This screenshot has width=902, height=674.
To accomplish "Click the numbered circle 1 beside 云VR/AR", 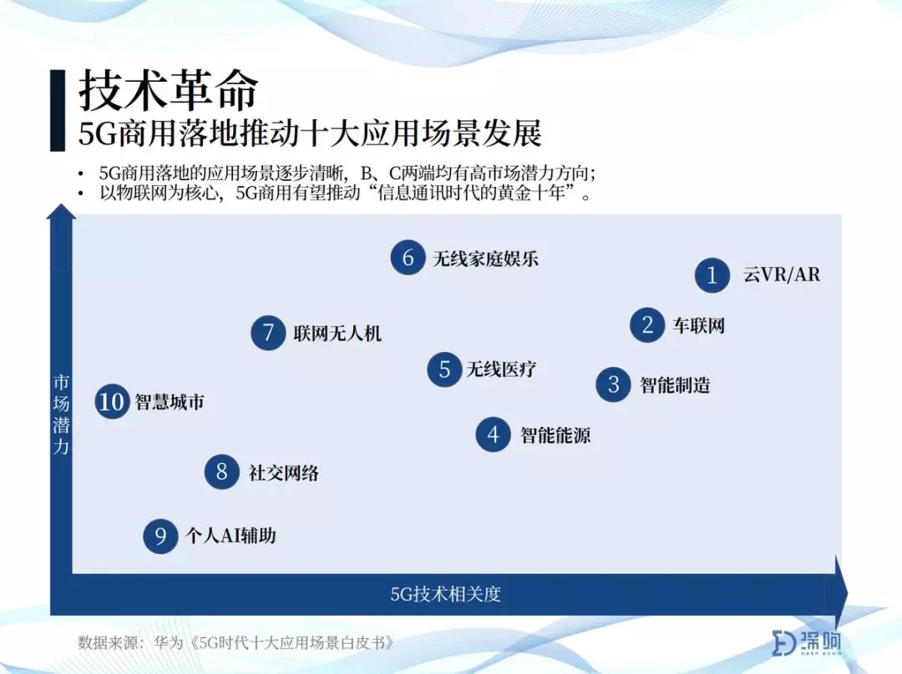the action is pos(712,275).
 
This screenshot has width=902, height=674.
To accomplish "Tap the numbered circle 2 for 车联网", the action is pos(648,325).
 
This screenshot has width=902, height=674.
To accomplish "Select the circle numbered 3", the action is pos(613,385).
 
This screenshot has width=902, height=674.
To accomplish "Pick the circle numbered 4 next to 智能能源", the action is pos(493,435).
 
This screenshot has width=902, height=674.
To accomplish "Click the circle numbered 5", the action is pos(444,369).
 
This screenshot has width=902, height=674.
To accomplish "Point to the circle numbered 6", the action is pos(408,258).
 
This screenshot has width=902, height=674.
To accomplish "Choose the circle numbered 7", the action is pos(268,333).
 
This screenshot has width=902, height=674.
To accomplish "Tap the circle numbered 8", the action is pos(222,472).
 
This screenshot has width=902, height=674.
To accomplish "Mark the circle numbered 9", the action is pos(160,536).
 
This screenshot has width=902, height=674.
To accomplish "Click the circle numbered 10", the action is pos(112,401).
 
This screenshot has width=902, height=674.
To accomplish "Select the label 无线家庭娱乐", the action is pos(485,259).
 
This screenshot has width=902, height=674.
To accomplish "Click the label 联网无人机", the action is pos(337,334).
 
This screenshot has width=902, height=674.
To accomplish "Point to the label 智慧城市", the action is pos(170,401).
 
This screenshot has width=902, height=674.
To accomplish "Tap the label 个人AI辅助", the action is pos(231,536).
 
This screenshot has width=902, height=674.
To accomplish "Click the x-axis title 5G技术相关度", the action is pos(446,594).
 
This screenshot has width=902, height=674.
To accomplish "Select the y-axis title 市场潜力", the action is pos(62,415).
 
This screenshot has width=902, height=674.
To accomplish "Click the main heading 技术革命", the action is pos(168,91).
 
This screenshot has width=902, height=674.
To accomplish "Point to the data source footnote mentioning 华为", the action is pos(236,641).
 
